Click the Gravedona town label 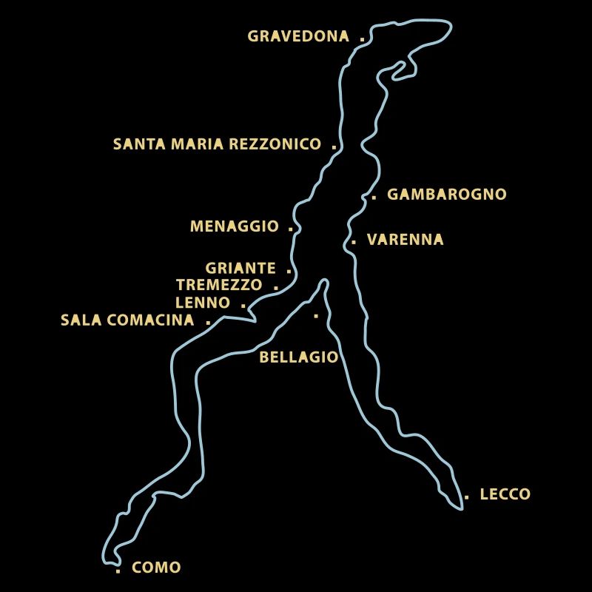pos(298,36)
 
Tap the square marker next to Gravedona pos(362,38)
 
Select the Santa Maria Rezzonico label pos(217,144)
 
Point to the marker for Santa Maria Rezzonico pos(334,147)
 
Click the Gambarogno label pos(447,195)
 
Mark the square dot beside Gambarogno pos(374,198)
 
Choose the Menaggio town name pos(234,226)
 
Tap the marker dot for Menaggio pos(290,229)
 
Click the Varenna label pos(405,240)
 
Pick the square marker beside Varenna pos(354,242)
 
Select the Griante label pos(240,269)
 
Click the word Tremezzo pos(219,285)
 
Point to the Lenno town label pos(203,303)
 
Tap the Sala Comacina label pos(127,320)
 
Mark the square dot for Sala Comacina pos(208,322)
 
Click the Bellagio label pos(298,357)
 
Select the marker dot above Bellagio pos(316,316)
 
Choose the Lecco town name pos(505,494)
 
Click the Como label pos(156,568)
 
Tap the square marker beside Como pos(118,571)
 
